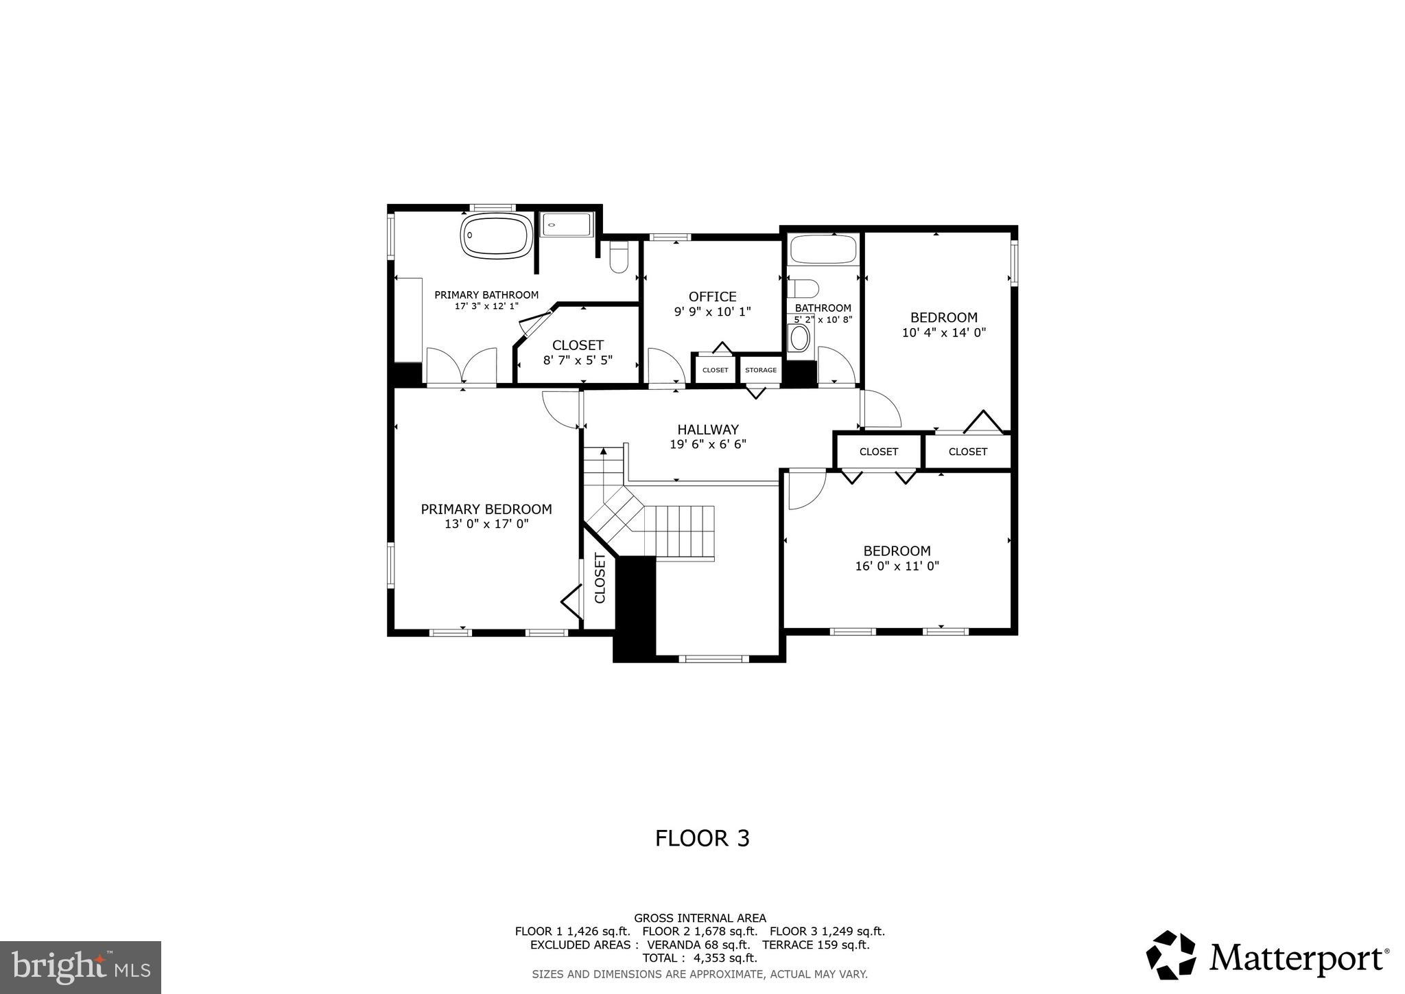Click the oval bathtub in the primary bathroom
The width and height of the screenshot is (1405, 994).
495,235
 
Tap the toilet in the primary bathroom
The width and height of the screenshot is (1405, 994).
619,257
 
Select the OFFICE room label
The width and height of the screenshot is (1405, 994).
712,297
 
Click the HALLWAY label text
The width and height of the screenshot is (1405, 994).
708,430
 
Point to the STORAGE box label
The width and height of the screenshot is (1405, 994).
761,370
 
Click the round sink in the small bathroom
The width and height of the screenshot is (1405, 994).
799,338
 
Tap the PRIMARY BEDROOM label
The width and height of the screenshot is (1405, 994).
486,509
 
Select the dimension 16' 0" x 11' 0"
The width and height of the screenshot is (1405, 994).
897,566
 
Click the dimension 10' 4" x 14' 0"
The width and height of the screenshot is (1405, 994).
943,332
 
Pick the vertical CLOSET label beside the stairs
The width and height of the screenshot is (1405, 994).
600,578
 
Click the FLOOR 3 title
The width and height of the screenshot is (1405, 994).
702,838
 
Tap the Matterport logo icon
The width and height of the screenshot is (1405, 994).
1170,955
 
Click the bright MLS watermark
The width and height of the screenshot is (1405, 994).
80,967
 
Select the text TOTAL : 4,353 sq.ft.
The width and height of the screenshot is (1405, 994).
699,958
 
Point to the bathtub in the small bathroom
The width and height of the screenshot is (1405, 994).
823,250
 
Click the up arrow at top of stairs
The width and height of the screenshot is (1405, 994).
604,451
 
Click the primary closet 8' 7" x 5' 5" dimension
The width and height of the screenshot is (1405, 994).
578,360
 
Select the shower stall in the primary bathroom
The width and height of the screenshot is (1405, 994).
565,224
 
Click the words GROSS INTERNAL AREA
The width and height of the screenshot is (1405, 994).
700,918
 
